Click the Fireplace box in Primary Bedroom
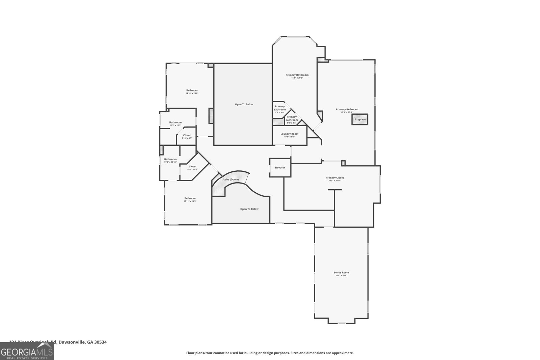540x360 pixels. point(360,119)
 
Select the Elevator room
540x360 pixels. point(280,167)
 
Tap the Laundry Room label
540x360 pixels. point(289,134)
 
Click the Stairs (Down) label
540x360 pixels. point(230,179)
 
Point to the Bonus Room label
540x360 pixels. point(341,272)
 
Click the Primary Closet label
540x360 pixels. point(334,178)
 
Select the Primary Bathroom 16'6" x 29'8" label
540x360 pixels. point(297,78)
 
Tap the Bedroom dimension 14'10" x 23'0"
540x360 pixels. point(192,93)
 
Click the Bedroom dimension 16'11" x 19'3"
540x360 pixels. point(190,201)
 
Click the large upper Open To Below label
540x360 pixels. point(244,104)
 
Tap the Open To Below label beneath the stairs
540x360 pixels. point(249,209)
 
